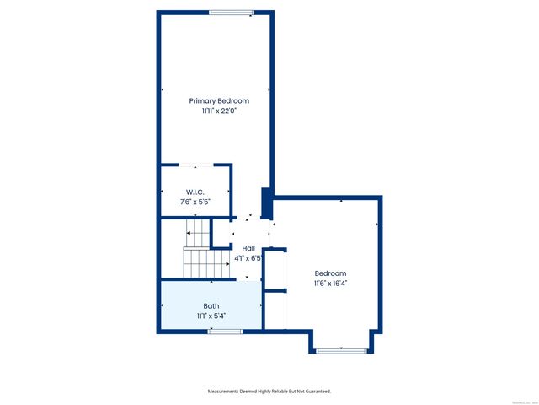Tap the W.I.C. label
pyautogui.click(x=195, y=192)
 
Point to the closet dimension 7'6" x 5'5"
pyautogui.click(x=195, y=202)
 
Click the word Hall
pyautogui.click(x=248, y=247)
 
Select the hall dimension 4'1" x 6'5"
pyautogui.click(x=248, y=257)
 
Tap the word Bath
pyautogui.click(x=211, y=305)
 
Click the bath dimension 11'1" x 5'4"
pyautogui.click(x=211, y=316)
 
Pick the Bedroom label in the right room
pyautogui.click(x=330, y=273)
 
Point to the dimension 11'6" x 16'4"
pyautogui.click(x=330, y=283)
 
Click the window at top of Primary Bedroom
pyautogui.click(x=232, y=12)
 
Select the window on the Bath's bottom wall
pyautogui.click(x=225, y=332)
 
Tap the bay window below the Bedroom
pyautogui.click(x=340, y=350)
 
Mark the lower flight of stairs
pyautogui.click(x=206, y=263)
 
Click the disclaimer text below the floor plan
pyautogui.click(x=269, y=391)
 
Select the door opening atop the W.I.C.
pyautogui.click(x=196, y=165)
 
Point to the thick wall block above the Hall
pyautogui.click(x=267, y=203)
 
